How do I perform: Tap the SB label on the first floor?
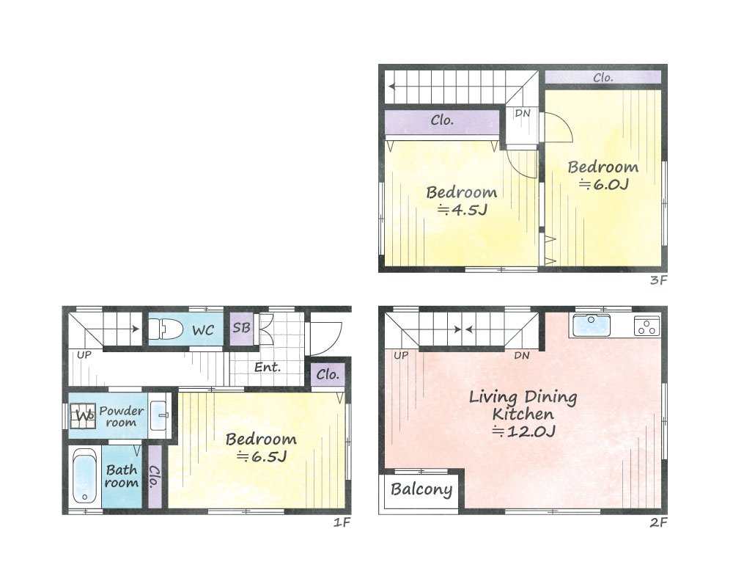pos(241,327)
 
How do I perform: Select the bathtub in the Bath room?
pos(85,476)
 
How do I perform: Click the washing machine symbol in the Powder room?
pos(83,415)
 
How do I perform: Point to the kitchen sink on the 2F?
pos(592,325)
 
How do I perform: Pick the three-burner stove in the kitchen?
pos(647,326)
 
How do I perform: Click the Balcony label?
pos(421,489)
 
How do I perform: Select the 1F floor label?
pos(342,522)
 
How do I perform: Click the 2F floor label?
pos(658,522)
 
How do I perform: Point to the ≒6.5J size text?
pos(262,456)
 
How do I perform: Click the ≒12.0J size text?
pos(523,431)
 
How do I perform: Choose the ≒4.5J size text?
pos(462,210)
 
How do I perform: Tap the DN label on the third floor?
pos(522,113)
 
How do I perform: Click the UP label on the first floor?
pos(84,355)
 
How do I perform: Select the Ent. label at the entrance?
pos(268,368)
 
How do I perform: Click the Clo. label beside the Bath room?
pos(154,476)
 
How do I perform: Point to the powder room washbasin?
pos(159,415)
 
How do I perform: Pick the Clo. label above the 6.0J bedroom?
pos(603,78)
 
